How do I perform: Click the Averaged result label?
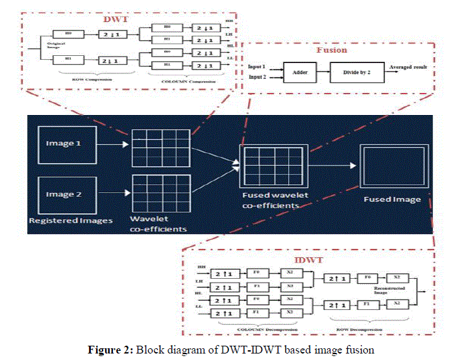point(410,67)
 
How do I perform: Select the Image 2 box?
point(68,194)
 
